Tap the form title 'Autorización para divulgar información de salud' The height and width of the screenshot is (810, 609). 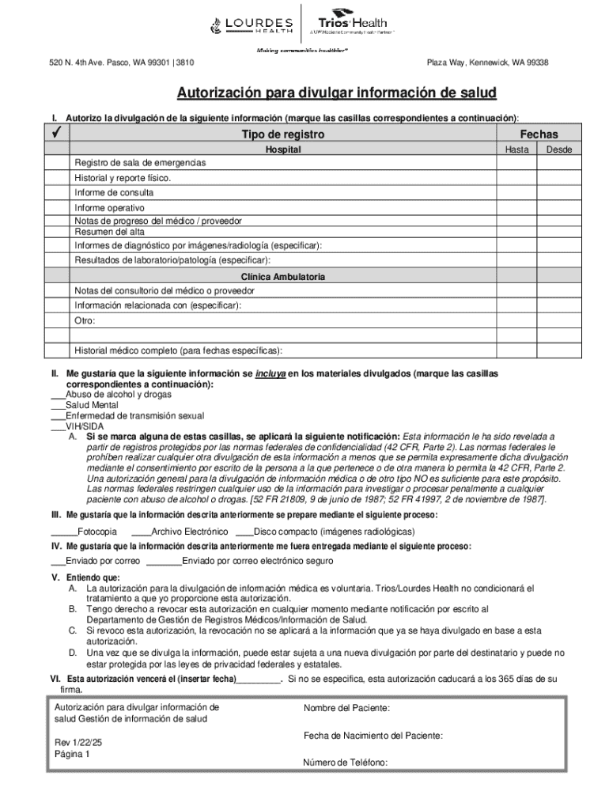[336, 93]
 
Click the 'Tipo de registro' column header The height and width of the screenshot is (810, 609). [282, 134]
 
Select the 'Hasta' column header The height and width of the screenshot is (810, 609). [516, 149]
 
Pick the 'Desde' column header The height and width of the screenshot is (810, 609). [558, 149]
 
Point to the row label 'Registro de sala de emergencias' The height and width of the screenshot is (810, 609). [140, 162]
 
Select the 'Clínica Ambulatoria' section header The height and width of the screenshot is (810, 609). [282, 277]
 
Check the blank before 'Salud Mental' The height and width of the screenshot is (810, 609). [58, 405]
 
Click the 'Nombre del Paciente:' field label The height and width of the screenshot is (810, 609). [346, 708]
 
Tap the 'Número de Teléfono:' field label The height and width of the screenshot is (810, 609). [345, 763]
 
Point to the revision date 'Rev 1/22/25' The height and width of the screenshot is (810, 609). [79, 743]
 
